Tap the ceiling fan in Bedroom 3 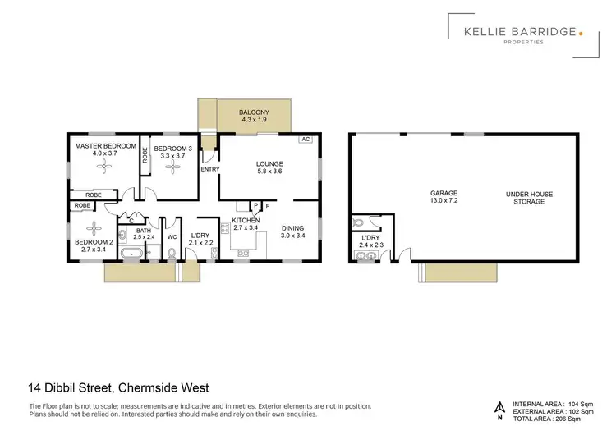click(172, 166)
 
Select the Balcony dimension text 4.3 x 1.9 click(254, 121)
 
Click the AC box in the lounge click(305, 140)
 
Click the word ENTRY click(210, 170)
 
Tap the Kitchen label click(246, 221)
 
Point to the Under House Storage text click(529, 198)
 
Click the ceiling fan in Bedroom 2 click(94, 228)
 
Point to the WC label click(172, 237)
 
